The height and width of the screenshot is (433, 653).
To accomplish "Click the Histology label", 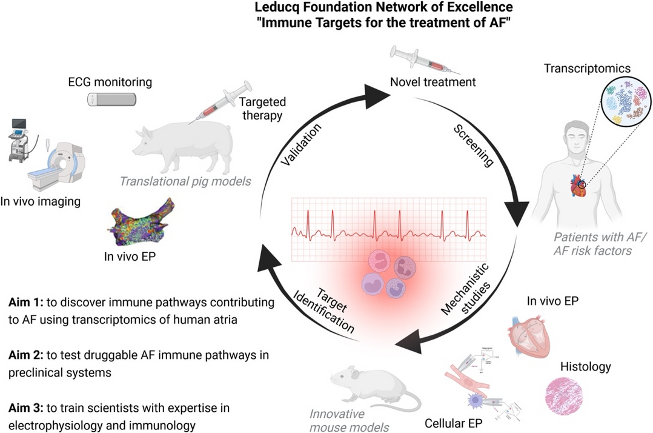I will (585, 366).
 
